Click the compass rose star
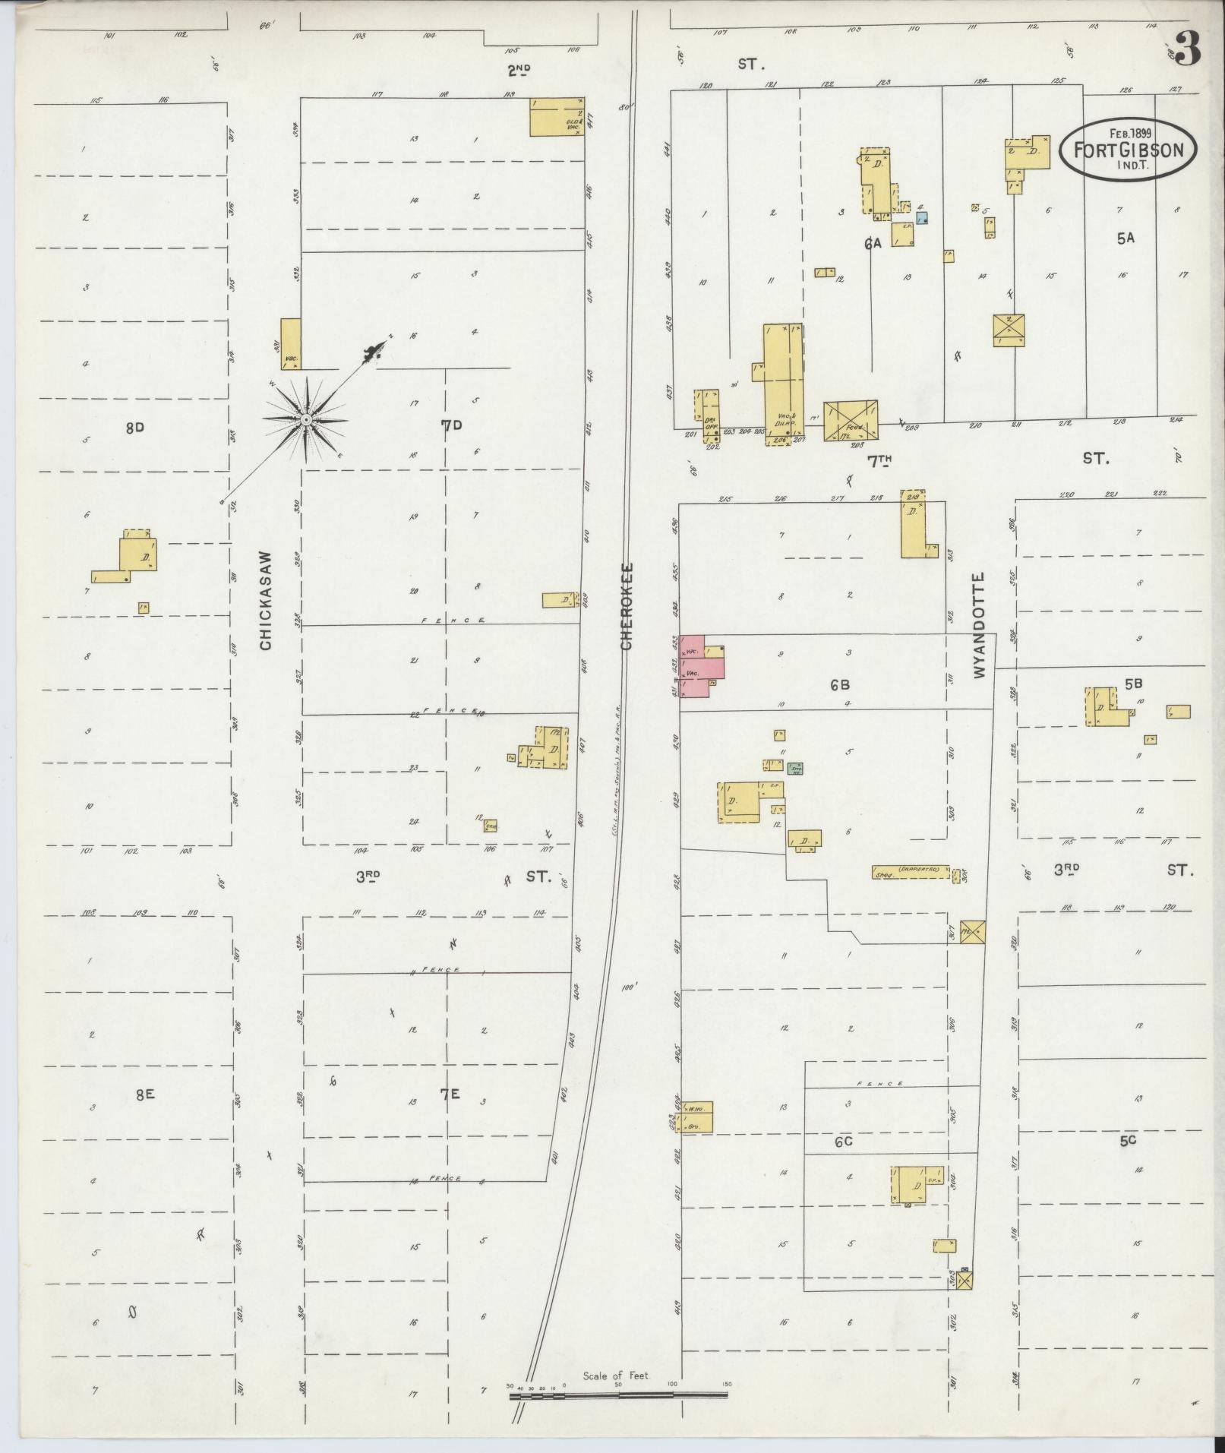[305, 420]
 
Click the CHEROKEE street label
[627, 606]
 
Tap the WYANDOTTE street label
[978, 626]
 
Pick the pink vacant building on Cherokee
[702, 666]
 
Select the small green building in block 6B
[795, 769]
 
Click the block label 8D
[135, 428]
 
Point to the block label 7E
[450, 1094]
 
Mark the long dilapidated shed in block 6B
[911, 872]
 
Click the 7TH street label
[878, 460]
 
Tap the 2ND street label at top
[519, 71]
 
